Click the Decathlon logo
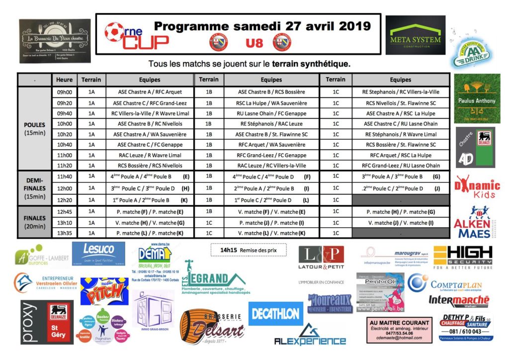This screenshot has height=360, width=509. point(276,313)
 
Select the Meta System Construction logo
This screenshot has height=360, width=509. point(416,35)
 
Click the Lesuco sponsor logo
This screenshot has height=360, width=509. point(98,254)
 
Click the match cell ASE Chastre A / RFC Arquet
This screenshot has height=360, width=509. point(150,92)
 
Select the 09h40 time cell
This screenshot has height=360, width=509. point(64,113)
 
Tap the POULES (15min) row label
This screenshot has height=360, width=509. point(34,129)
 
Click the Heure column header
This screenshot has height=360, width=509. point(64,80)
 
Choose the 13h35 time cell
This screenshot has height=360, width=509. point(64,233)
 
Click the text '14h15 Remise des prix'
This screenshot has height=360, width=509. point(241,250)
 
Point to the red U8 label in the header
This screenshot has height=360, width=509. point(254,43)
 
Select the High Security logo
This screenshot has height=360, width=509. point(462,257)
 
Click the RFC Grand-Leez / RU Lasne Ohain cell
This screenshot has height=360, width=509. point(400,166)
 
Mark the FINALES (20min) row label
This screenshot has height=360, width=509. point(34,222)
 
